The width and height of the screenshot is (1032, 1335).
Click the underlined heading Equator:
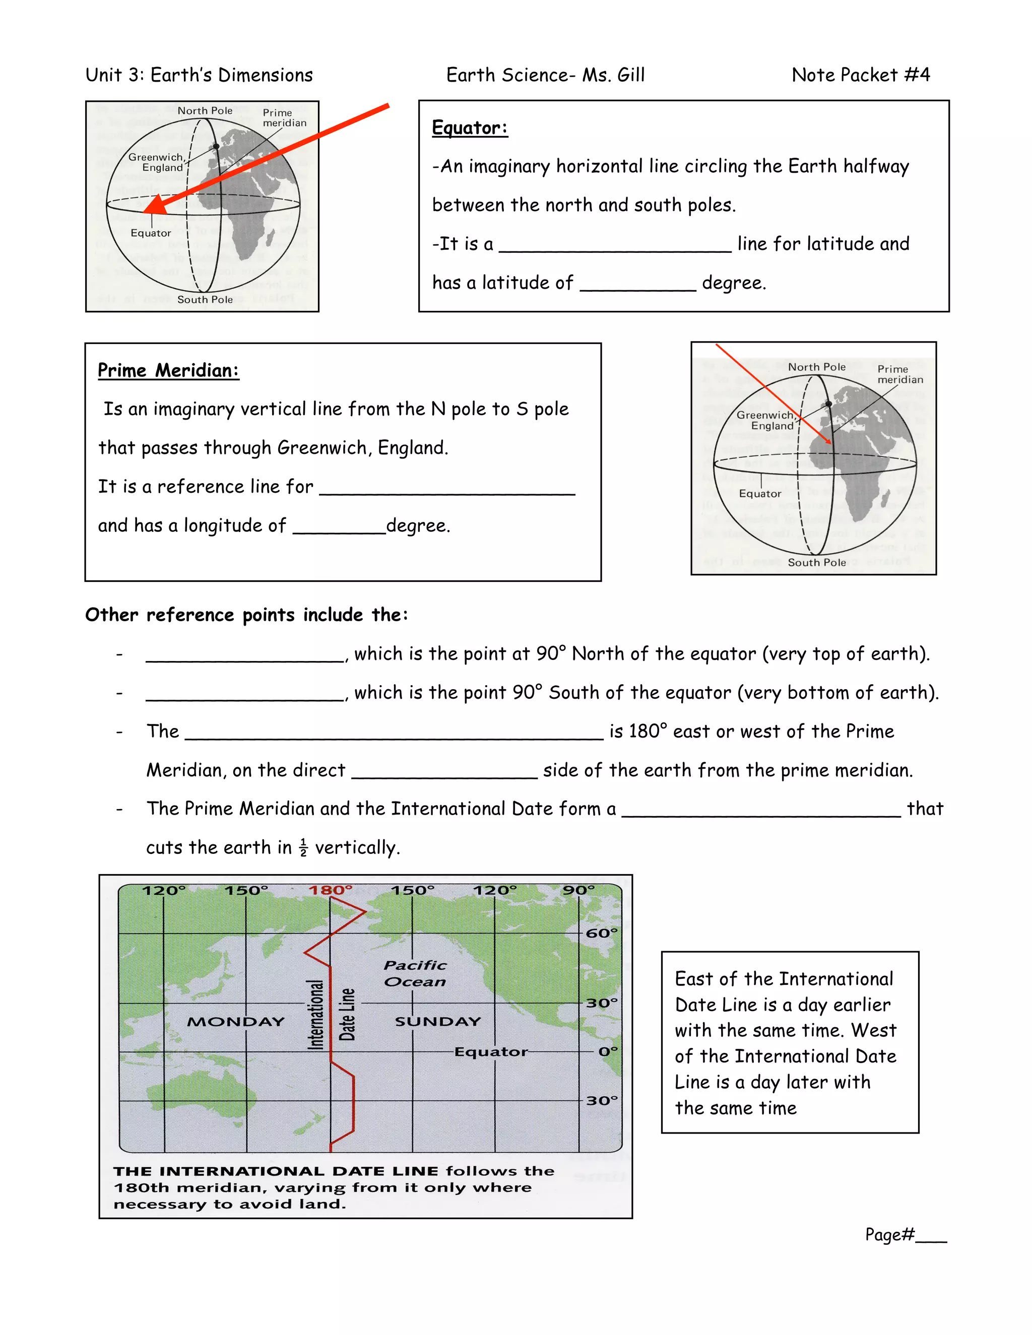click(x=470, y=128)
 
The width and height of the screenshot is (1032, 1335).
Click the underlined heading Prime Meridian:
click(x=168, y=370)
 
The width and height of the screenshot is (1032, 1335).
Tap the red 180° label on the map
click(x=330, y=890)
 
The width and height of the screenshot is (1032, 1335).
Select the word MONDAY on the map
click(x=236, y=1022)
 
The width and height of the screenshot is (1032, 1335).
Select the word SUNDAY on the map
click(x=438, y=1022)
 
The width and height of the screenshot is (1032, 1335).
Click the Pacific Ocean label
click(x=415, y=973)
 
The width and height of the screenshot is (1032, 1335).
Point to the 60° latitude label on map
click(x=602, y=933)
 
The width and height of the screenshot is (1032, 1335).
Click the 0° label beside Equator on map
click(x=608, y=1051)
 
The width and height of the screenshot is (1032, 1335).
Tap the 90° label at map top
click(x=578, y=890)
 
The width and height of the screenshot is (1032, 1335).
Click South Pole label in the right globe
click(x=817, y=562)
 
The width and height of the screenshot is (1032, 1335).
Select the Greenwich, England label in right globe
click(x=765, y=420)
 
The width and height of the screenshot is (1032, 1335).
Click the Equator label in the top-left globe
click(x=151, y=233)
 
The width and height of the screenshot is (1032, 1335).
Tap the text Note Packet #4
click(x=860, y=75)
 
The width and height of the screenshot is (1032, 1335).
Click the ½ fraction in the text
click(x=303, y=848)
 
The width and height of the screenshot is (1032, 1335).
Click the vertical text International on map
click(x=315, y=1015)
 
